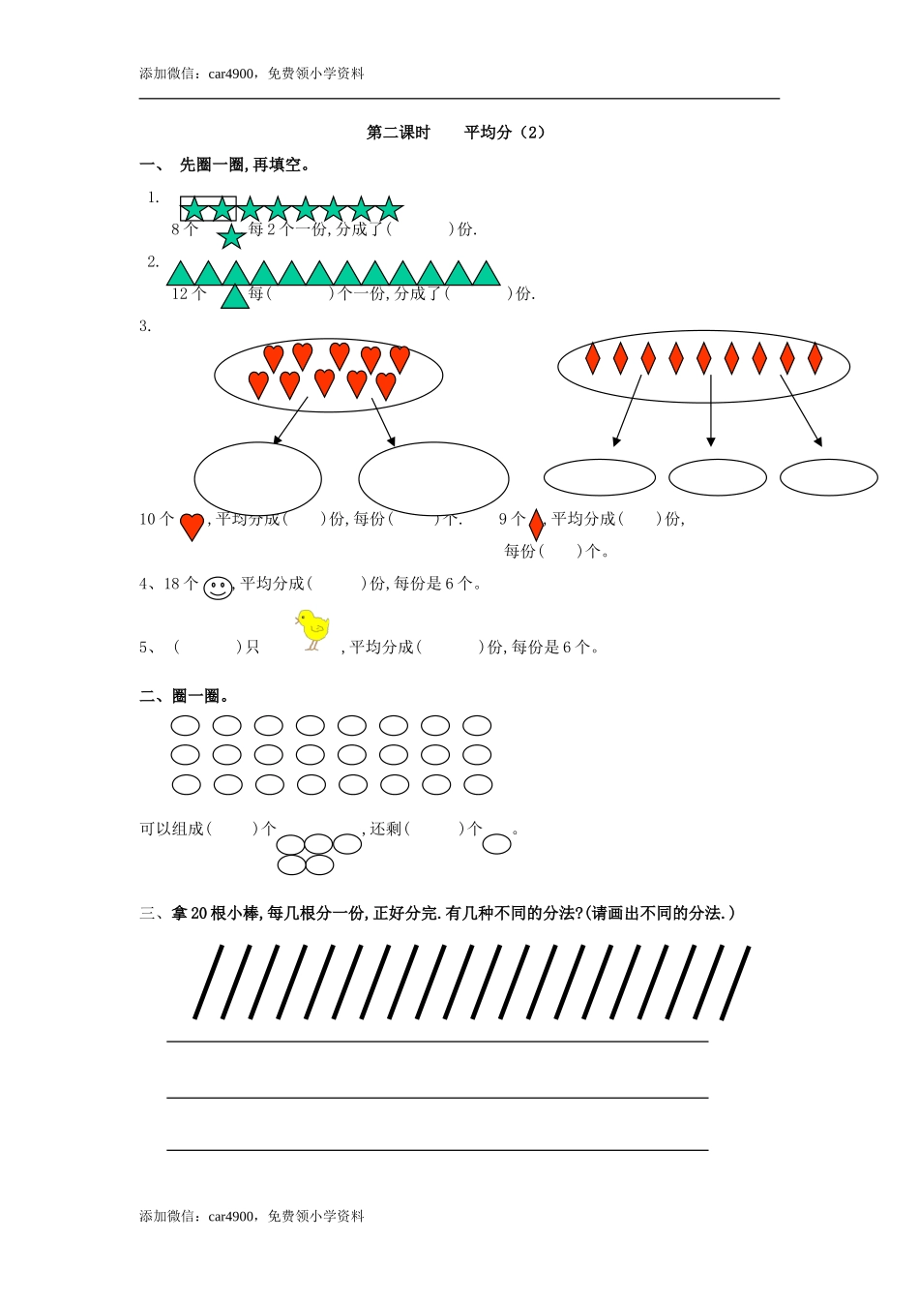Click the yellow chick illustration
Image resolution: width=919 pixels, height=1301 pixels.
[313, 629]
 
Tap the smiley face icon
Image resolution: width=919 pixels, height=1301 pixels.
[219, 588]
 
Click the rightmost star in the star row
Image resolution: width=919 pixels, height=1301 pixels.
[389, 209]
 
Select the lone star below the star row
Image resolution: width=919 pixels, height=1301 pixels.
[231, 237]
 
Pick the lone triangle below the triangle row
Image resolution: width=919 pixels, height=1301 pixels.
[235, 296]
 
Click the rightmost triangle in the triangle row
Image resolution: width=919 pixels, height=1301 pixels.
[487, 274]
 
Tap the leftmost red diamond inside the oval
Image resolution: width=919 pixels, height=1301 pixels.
[593, 358]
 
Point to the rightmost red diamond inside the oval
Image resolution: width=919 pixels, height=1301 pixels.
[815, 358]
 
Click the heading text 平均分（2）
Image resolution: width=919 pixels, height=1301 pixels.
[505, 133]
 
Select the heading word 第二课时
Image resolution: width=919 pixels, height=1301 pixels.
[398, 133]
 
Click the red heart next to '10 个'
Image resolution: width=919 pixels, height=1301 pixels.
[192, 526]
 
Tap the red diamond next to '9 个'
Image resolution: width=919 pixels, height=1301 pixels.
[536, 524]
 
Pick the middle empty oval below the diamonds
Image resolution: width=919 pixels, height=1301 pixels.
[718, 477]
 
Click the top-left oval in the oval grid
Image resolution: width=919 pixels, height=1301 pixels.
[185, 725]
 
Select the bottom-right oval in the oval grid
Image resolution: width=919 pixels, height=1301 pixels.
[478, 785]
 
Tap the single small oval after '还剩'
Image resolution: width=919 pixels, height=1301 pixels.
[496, 844]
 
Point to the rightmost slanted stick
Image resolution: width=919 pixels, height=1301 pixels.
[735, 983]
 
